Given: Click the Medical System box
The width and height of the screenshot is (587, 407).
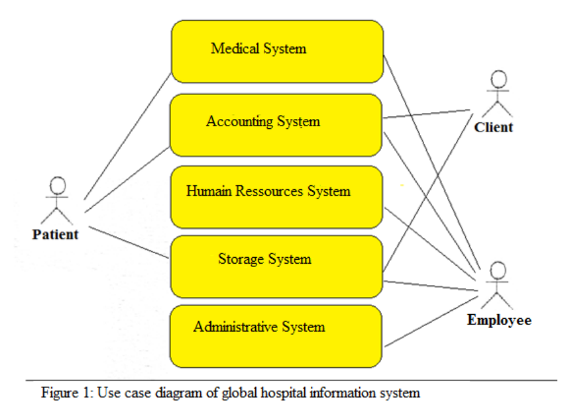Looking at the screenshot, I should [277, 52].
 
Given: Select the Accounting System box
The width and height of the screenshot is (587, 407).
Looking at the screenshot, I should [276, 125].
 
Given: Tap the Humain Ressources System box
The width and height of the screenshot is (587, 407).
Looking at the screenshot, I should [276, 197].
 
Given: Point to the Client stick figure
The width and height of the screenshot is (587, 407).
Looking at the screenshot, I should [498, 95].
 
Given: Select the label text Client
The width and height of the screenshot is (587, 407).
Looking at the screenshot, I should [493, 128].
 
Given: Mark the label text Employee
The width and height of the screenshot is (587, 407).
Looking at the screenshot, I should [499, 320].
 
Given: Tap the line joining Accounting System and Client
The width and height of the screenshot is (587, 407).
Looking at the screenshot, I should [425, 114].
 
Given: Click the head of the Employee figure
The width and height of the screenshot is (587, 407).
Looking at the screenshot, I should [499, 270].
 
